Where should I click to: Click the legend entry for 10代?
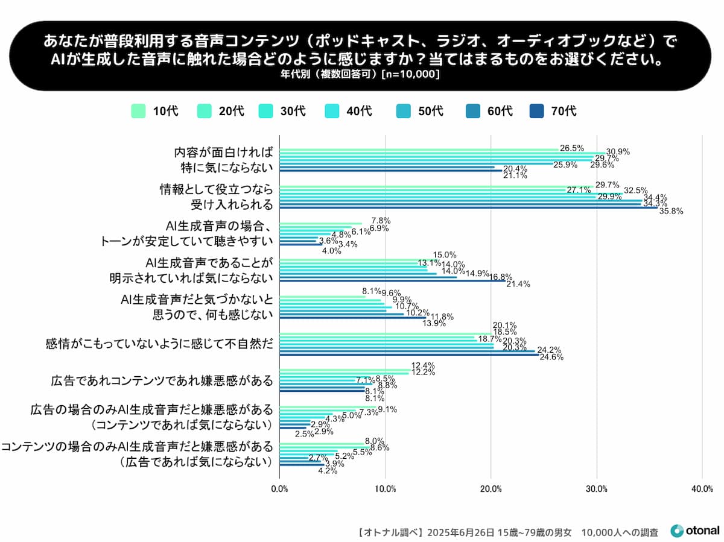point(154,111)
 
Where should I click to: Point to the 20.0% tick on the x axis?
point(491,488)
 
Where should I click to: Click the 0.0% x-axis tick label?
point(279,488)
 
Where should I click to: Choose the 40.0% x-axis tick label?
point(702,488)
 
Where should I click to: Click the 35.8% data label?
point(671,212)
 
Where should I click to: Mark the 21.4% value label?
point(518,284)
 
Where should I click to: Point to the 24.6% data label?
point(551,357)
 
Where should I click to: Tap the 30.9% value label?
point(618,151)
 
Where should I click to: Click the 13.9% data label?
point(434,323)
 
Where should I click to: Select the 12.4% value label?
point(423,366)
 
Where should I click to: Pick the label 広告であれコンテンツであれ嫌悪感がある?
point(162,381)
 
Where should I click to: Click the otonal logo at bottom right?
point(694,531)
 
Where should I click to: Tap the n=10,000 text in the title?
point(411,74)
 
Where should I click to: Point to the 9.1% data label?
point(387,409)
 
